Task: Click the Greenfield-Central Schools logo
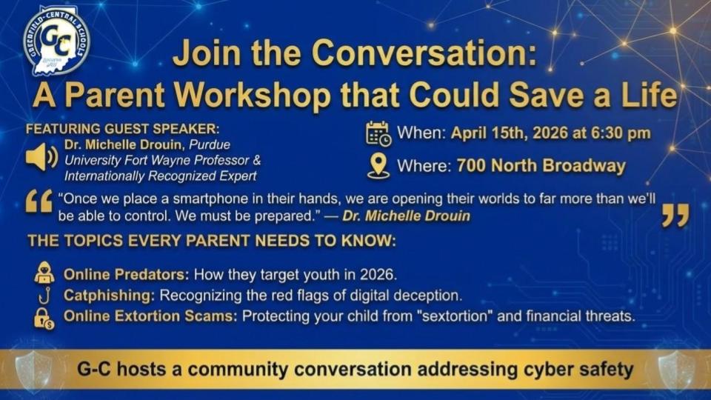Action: pyautogui.click(x=57, y=41)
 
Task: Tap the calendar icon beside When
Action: pyautogui.click(x=378, y=134)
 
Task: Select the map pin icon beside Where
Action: pyautogui.click(x=378, y=166)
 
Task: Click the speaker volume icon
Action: pyautogui.click(x=41, y=157)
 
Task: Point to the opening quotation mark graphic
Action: pyautogui.click(x=39, y=201)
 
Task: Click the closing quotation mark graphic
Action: pyautogui.click(x=675, y=215)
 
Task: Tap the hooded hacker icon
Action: pyautogui.click(x=44, y=273)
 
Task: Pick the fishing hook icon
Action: pyautogui.click(x=44, y=296)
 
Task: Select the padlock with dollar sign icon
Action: pyautogui.click(x=44, y=318)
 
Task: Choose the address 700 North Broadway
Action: pyautogui.click(x=541, y=166)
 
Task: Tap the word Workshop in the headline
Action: pyautogui.click(x=253, y=95)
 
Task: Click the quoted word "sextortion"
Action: pyautogui.click(x=458, y=316)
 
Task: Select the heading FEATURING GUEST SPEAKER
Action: pyautogui.click(x=122, y=129)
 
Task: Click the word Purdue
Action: pyautogui.click(x=210, y=144)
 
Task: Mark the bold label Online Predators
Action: pyautogui.click(x=126, y=274)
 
